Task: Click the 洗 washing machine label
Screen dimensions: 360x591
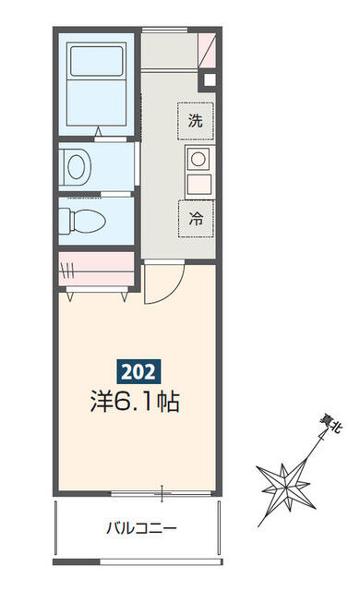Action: (196, 121)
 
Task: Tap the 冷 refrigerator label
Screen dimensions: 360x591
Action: (196, 218)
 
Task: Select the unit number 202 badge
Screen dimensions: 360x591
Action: (138, 371)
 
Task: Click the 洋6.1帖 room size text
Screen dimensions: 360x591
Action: (135, 401)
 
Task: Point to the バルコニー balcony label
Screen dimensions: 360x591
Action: (141, 527)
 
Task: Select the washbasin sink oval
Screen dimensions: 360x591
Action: (76, 166)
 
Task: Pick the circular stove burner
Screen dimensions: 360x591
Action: (198, 159)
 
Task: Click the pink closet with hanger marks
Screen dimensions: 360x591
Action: (96, 269)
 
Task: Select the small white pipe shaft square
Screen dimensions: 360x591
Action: (210, 80)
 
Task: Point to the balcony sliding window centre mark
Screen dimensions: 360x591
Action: (162, 493)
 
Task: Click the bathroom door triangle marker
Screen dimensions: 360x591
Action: (98, 132)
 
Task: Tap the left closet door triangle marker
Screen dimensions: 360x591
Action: (70, 297)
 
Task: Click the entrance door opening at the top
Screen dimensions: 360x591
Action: (164, 30)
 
